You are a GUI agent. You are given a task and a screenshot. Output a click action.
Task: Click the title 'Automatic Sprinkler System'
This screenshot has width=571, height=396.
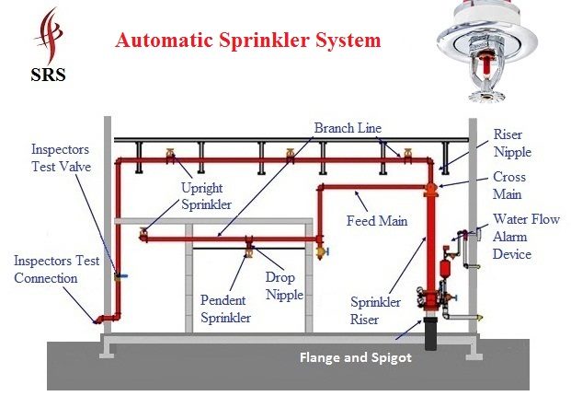point(248,41)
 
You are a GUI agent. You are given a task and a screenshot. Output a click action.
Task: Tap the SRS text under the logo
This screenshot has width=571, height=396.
point(48,75)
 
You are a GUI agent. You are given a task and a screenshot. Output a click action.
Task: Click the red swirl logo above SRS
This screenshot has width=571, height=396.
point(49,36)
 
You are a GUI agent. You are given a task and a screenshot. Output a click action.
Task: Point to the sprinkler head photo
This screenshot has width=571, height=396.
point(487,51)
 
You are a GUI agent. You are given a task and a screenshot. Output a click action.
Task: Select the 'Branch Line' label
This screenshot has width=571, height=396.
point(348,128)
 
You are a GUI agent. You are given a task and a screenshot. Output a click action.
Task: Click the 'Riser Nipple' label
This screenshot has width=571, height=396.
point(512,144)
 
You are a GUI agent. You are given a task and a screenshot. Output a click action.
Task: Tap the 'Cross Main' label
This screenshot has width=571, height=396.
point(509,186)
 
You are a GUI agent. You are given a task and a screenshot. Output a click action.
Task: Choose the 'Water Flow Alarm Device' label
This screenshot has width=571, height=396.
point(526,237)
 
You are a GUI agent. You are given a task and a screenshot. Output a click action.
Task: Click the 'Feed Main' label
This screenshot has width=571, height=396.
point(377,221)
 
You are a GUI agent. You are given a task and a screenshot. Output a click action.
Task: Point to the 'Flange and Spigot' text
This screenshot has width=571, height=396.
point(356,357)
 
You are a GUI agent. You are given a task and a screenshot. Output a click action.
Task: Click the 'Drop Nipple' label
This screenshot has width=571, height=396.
point(284,285)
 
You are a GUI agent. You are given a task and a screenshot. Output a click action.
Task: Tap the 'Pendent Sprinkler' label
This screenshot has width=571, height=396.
point(225,309)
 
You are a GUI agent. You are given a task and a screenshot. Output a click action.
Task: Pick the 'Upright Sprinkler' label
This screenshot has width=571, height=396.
point(206,196)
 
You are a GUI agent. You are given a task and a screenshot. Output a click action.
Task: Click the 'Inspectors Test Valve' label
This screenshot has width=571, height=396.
point(61,157)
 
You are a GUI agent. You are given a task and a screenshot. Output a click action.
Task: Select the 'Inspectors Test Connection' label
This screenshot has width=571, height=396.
point(56,270)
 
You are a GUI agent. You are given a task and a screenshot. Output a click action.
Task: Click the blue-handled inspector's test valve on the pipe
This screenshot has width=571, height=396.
point(120,277)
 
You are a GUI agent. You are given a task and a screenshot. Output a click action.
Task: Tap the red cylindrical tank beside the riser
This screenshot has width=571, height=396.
point(444,268)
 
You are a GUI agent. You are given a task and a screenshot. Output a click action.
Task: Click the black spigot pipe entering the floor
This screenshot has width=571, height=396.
point(431,333)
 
